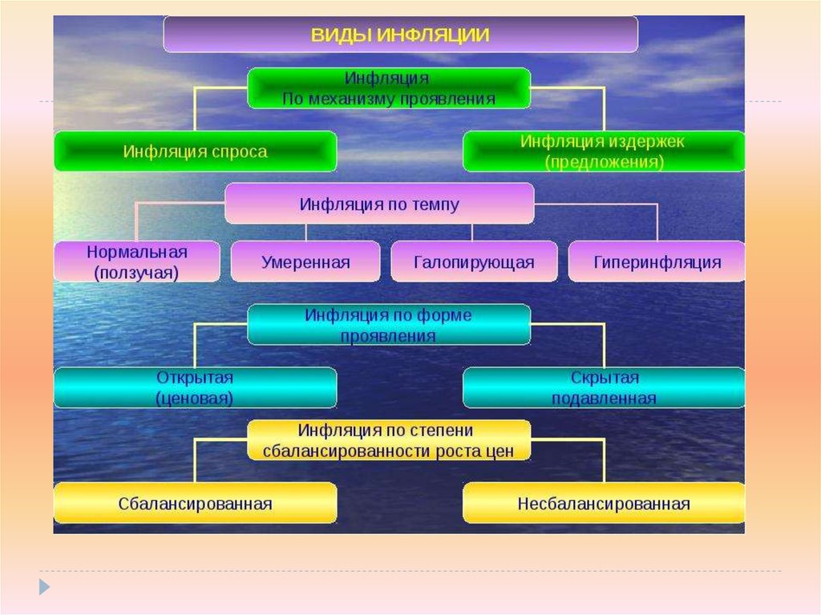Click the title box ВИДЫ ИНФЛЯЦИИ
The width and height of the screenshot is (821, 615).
click(400, 35)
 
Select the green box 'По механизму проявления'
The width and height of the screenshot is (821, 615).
click(389, 88)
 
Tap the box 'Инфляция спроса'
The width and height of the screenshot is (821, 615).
click(195, 152)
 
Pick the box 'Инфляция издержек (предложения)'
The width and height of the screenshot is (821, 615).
click(603, 152)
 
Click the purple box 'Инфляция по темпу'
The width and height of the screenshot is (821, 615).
click(379, 204)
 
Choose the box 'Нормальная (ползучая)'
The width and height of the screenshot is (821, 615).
click(136, 262)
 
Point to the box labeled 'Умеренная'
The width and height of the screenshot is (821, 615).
click(305, 262)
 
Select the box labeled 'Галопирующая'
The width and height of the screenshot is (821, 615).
click(474, 262)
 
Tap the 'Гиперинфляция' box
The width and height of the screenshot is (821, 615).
click(657, 262)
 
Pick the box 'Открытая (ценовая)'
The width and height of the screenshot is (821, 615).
click(195, 388)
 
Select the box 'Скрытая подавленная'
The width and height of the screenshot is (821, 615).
click(603, 388)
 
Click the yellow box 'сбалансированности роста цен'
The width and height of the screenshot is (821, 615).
click(389, 440)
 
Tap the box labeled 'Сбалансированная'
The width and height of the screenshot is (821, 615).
click(195, 504)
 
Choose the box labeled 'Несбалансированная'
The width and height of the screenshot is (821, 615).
click(603, 504)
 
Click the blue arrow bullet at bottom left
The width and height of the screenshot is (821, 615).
click(44, 586)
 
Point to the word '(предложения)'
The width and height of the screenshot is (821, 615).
click(604, 162)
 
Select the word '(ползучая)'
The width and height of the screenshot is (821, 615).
click(136, 273)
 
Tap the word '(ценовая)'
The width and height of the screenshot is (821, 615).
click(195, 399)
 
